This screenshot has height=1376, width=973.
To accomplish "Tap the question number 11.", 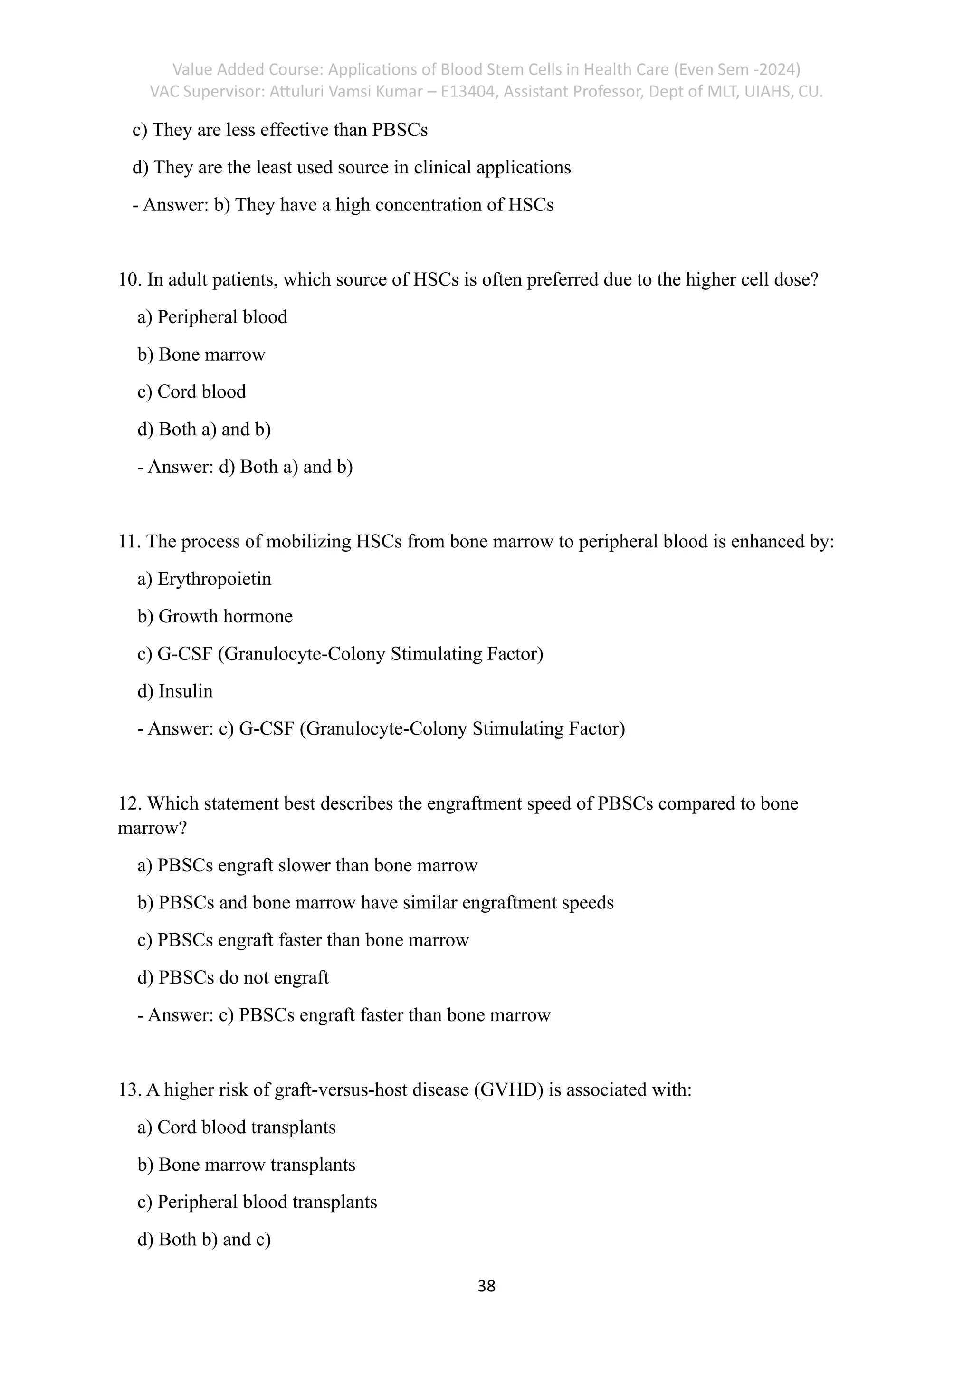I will (x=128, y=542).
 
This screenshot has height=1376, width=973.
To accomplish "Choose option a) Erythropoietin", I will (x=204, y=579).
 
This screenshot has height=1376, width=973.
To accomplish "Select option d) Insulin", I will (x=175, y=691).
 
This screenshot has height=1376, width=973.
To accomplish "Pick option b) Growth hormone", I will (x=214, y=617).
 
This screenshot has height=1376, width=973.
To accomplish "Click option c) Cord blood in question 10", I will (x=192, y=392).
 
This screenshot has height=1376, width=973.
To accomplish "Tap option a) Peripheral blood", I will (x=212, y=317).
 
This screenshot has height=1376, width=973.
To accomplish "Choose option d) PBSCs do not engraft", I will (x=233, y=977).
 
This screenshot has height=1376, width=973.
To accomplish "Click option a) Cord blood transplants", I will (x=236, y=1128).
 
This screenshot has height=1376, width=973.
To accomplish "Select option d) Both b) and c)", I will (x=204, y=1239).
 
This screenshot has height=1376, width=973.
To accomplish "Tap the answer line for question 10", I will (x=245, y=467).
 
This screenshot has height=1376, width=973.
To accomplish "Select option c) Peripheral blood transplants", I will (x=257, y=1202).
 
